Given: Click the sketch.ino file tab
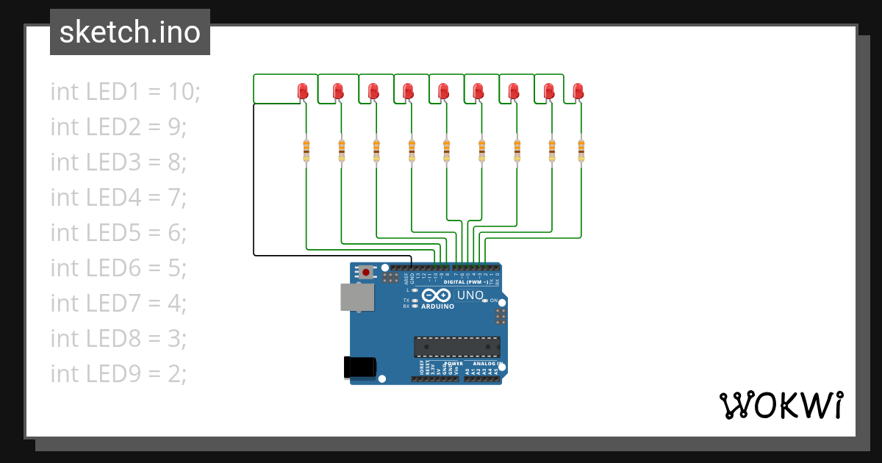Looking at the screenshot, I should click(x=130, y=32).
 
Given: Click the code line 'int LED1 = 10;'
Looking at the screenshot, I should click(x=125, y=92).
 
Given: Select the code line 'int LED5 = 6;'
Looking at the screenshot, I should click(x=118, y=233).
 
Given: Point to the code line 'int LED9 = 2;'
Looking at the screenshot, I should click(x=118, y=374).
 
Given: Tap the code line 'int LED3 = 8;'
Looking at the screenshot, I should click(x=118, y=162).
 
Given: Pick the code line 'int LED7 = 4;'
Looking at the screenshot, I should click(x=118, y=304).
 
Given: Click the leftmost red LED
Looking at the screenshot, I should click(x=302, y=91).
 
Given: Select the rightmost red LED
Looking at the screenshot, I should click(x=578, y=91).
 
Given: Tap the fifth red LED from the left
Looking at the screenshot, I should click(x=443, y=91).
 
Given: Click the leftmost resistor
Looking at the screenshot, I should click(x=306, y=150).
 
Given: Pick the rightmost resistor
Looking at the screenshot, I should click(x=581, y=150).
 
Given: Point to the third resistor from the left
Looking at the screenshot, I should click(x=376, y=150).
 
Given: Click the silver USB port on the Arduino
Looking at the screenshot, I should click(x=357, y=297).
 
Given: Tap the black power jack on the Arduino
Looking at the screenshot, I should click(x=360, y=367).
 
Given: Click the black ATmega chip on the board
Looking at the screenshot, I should click(x=457, y=346).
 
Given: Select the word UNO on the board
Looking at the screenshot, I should click(x=470, y=295).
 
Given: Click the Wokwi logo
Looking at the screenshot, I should click(x=781, y=405).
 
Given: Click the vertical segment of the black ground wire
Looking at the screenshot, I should click(x=254, y=180).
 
